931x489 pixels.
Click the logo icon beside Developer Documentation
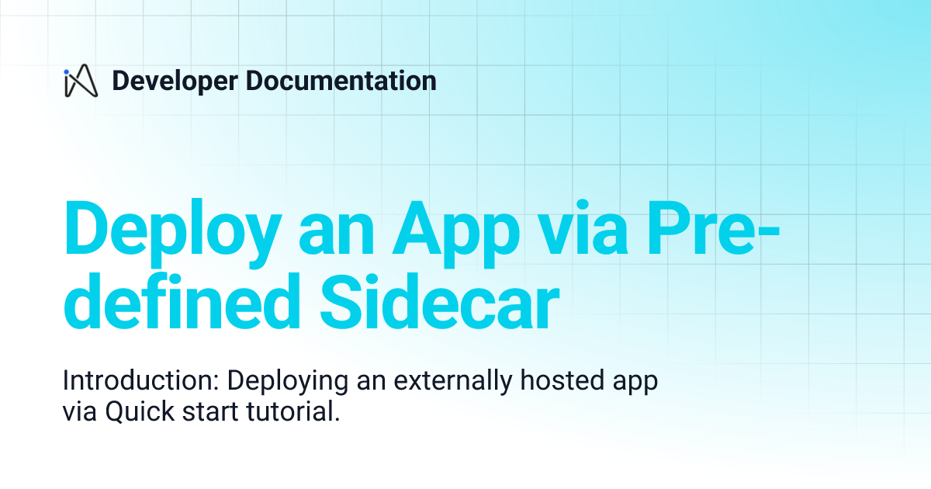click(80, 81)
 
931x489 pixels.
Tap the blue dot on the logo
click(67, 71)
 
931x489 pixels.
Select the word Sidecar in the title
click(440, 304)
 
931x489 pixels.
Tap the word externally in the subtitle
click(449, 383)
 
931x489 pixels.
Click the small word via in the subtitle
click(78, 412)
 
